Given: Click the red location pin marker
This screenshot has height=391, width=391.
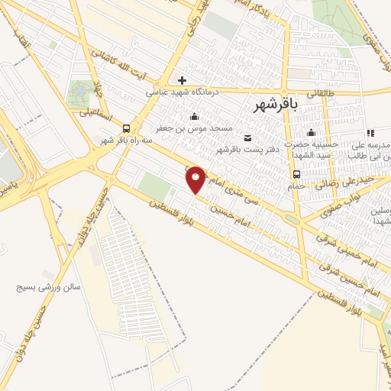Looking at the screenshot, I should pos(196,179).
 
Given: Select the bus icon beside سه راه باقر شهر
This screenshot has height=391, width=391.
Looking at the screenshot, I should pos(125,128).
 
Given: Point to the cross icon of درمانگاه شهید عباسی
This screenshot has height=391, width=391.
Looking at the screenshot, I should pos(182,79).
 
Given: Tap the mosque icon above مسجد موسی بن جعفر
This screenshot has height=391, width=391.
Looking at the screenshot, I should pos(194,116).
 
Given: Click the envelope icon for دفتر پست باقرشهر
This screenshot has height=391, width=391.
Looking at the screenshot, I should pos(247,137).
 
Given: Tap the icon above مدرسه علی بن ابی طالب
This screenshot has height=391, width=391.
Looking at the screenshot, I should pos(370,133).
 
